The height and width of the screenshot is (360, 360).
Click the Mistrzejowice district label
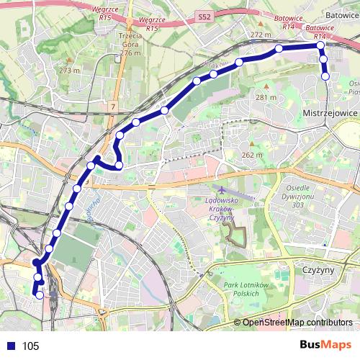[330, 113]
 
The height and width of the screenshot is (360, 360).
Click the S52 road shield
[204, 14]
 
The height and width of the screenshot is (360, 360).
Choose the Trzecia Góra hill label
[130, 43]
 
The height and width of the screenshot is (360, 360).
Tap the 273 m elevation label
[69, 70]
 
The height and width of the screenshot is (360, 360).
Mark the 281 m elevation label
[266, 97]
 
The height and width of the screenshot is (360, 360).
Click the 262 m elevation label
[251, 155]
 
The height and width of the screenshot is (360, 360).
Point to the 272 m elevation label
[260, 34]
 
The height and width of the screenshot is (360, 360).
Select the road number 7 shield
[112, 107]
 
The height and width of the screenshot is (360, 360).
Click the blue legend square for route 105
[9, 346]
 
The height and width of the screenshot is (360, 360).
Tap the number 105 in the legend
[31, 346]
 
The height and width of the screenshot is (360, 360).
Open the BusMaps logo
[325, 345]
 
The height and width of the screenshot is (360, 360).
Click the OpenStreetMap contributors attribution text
[297, 323]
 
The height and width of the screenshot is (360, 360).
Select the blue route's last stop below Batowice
[325, 76]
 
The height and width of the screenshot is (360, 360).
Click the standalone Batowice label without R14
[342, 13]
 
